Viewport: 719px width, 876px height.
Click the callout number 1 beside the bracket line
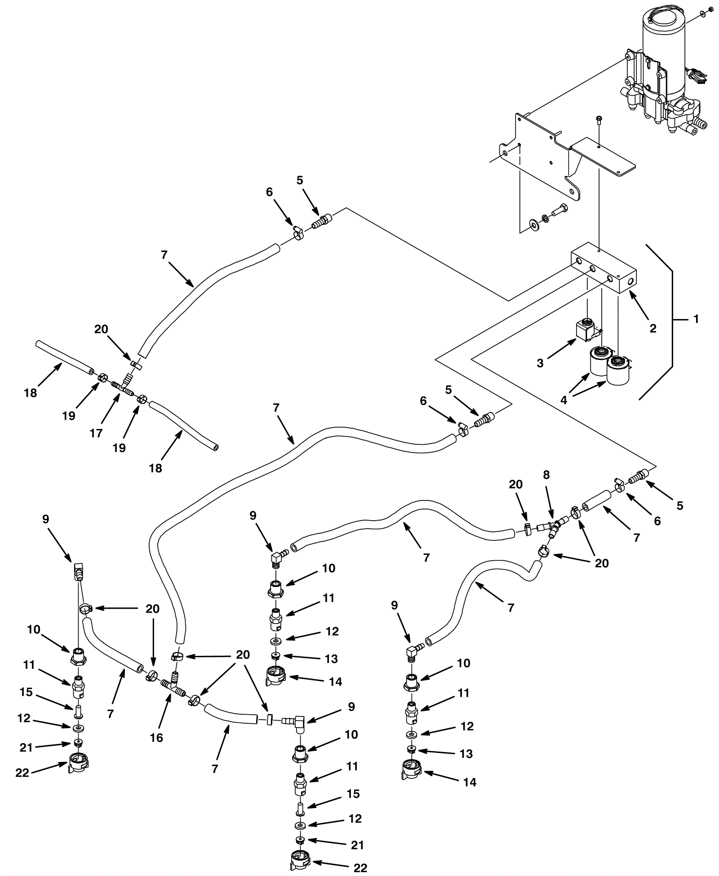click(x=696, y=319)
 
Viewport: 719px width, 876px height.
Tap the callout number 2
click(x=652, y=328)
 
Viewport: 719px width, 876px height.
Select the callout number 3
click(x=540, y=363)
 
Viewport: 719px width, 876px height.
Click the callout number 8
click(x=546, y=475)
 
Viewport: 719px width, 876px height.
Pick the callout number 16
click(x=156, y=738)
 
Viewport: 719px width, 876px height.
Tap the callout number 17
click(x=96, y=433)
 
